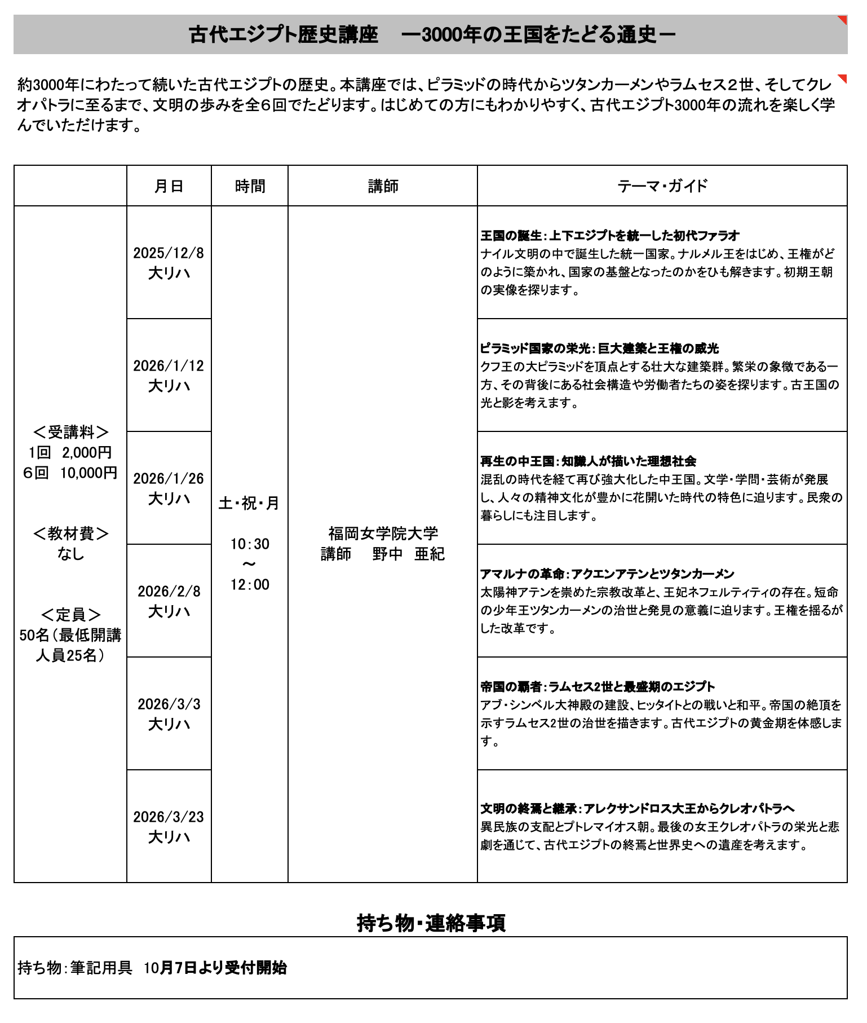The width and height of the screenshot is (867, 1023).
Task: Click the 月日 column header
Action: click(x=169, y=186)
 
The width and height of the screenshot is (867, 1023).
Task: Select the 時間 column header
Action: click(x=250, y=186)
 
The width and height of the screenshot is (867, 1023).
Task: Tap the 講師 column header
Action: click(x=383, y=186)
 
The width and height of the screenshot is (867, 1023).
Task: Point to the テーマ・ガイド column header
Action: click(x=662, y=186)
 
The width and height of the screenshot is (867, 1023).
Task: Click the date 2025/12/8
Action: click(x=169, y=253)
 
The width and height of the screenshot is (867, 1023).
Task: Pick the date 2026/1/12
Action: click(x=169, y=365)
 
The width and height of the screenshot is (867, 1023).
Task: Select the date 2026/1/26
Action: click(x=169, y=478)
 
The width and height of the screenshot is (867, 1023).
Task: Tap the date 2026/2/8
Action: click(x=169, y=591)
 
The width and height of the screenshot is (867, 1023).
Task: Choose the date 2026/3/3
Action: click(x=169, y=704)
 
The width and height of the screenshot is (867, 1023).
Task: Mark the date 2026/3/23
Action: click(x=169, y=817)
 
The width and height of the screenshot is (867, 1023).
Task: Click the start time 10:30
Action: click(x=250, y=544)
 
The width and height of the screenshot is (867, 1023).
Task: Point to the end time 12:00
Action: click(x=250, y=585)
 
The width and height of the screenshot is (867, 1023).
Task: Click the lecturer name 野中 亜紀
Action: click(x=408, y=554)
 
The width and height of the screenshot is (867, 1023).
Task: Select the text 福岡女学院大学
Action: click(x=383, y=533)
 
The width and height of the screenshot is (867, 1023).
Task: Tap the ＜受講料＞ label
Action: click(x=70, y=432)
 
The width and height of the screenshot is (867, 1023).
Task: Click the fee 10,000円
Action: click(x=89, y=473)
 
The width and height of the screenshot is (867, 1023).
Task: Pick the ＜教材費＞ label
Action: click(x=70, y=533)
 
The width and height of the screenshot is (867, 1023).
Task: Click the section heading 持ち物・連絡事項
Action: click(x=431, y=923)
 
